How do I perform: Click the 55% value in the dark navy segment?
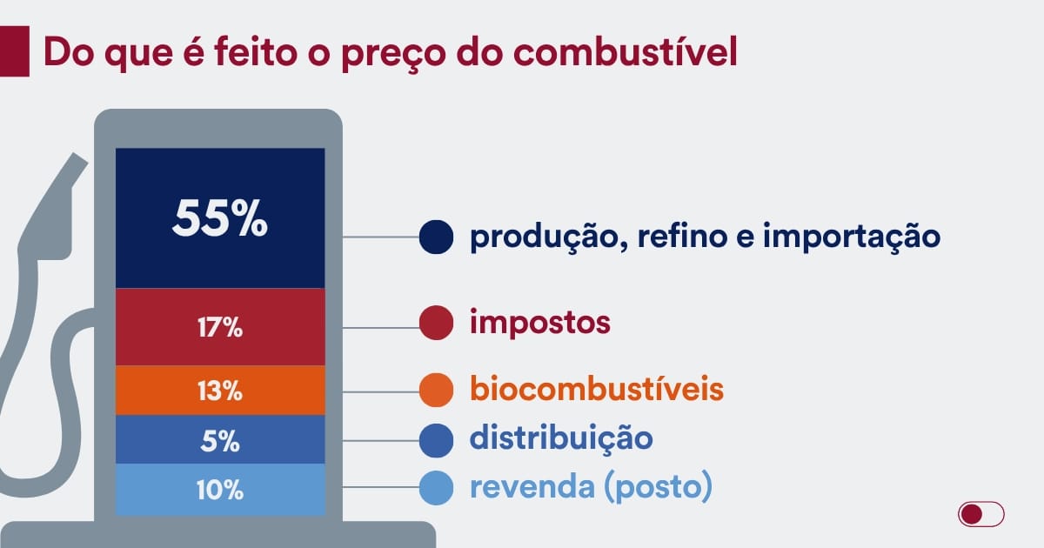[x=220, y=218]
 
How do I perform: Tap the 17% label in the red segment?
[x=220, y=327]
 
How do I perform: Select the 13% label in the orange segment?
[x=220, y=391]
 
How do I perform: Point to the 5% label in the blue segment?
[x=220, y=441]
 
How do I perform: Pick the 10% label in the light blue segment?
[x=220, y=490]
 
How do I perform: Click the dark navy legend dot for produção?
[x=436, y=237]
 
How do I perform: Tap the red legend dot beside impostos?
[x=436, y=323]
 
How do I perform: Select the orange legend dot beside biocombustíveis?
[x=436, y=390]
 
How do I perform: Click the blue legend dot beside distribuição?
[x=436, y=440]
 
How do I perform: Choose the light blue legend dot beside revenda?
[x=436, y=488]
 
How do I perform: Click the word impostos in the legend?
[x=540, y=323]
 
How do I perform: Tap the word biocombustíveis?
[x=597, y=388]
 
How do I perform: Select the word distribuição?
[x=562, y=439]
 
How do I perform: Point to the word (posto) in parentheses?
[x=658, y=487]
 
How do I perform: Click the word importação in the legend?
[x=852, y=237]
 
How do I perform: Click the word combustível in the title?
[x=626, y=51]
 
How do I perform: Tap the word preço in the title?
[x=394, y=55]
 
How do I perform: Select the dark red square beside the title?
[x=15, y=51]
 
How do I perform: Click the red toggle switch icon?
[x=981, y=514]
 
